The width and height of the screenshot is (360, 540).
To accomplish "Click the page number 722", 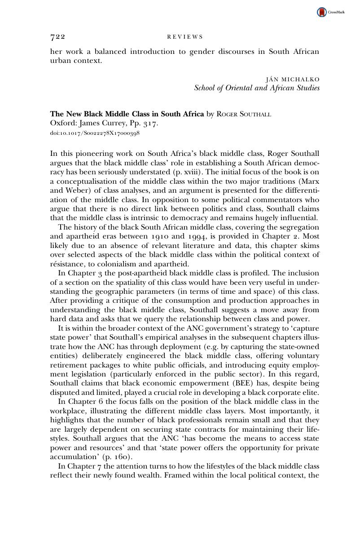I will tap(58, 37).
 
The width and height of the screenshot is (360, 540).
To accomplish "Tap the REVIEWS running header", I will tap(185, 37).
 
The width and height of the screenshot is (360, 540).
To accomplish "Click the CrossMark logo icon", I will tap(322, 13).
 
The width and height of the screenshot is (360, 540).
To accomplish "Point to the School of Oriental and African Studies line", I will tap(257, 88).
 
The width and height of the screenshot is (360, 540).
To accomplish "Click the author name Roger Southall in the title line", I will tap(244, 114).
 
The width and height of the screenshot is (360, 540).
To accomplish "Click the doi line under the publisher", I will tap(95, 133).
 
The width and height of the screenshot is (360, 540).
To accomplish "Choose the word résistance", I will tap(68, 264).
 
